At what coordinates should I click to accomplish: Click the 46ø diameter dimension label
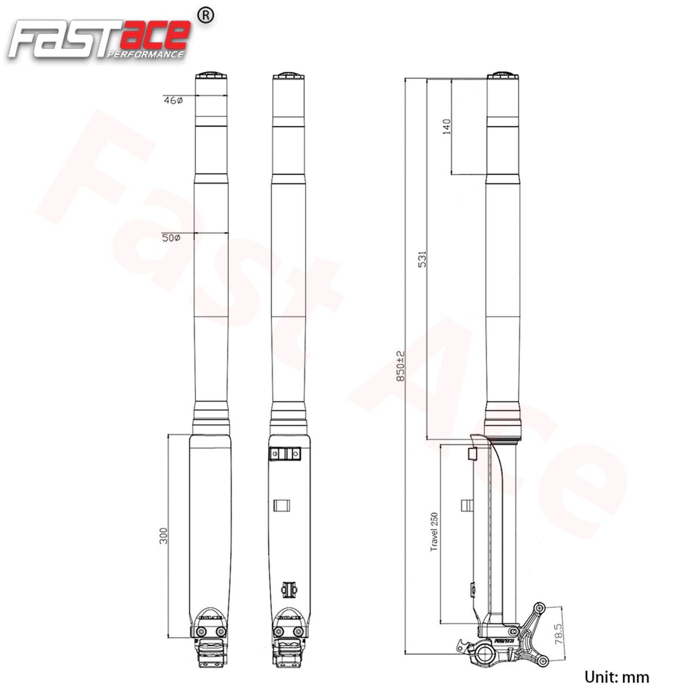173,100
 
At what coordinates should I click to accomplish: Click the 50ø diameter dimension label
171,238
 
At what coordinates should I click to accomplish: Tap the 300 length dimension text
164,536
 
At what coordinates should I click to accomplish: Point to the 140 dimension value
447,127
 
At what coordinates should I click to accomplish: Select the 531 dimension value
422,259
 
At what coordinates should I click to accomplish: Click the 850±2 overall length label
401,366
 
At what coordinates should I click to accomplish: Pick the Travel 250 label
434,532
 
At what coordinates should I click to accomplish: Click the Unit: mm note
616,677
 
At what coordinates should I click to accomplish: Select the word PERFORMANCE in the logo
145,55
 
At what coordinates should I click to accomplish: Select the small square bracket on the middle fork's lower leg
282,505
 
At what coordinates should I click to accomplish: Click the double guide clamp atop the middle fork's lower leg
285,453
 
